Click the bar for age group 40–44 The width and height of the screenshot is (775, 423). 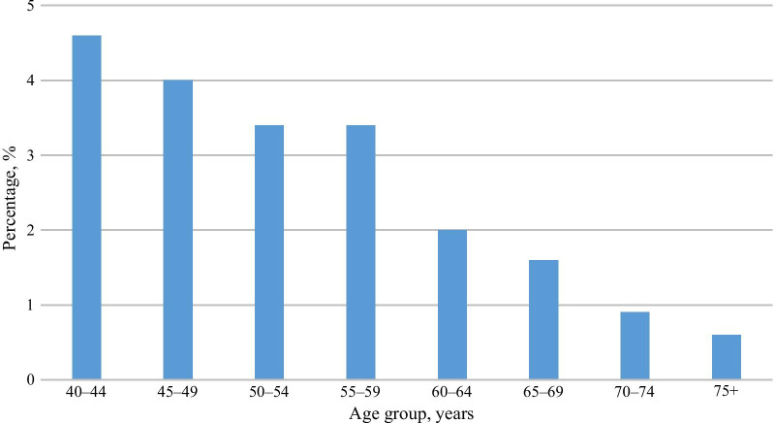[86, 208]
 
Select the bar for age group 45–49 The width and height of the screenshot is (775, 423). [177, 230]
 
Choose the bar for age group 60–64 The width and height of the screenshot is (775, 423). [452, 305]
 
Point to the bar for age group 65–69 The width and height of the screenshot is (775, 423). [543, 319]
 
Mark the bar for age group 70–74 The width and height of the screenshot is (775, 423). [635, 345]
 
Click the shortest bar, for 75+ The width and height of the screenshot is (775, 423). [727, 357]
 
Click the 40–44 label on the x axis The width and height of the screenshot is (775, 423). [86, 394]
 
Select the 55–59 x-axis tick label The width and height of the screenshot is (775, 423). [360, 394]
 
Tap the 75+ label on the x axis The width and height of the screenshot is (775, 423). [727, 394]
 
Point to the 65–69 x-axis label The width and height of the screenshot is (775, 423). [543, 394]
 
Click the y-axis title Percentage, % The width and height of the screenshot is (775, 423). [11, 193]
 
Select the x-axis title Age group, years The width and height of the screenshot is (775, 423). [406, 412]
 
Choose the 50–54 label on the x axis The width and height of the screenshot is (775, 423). [269, 394]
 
